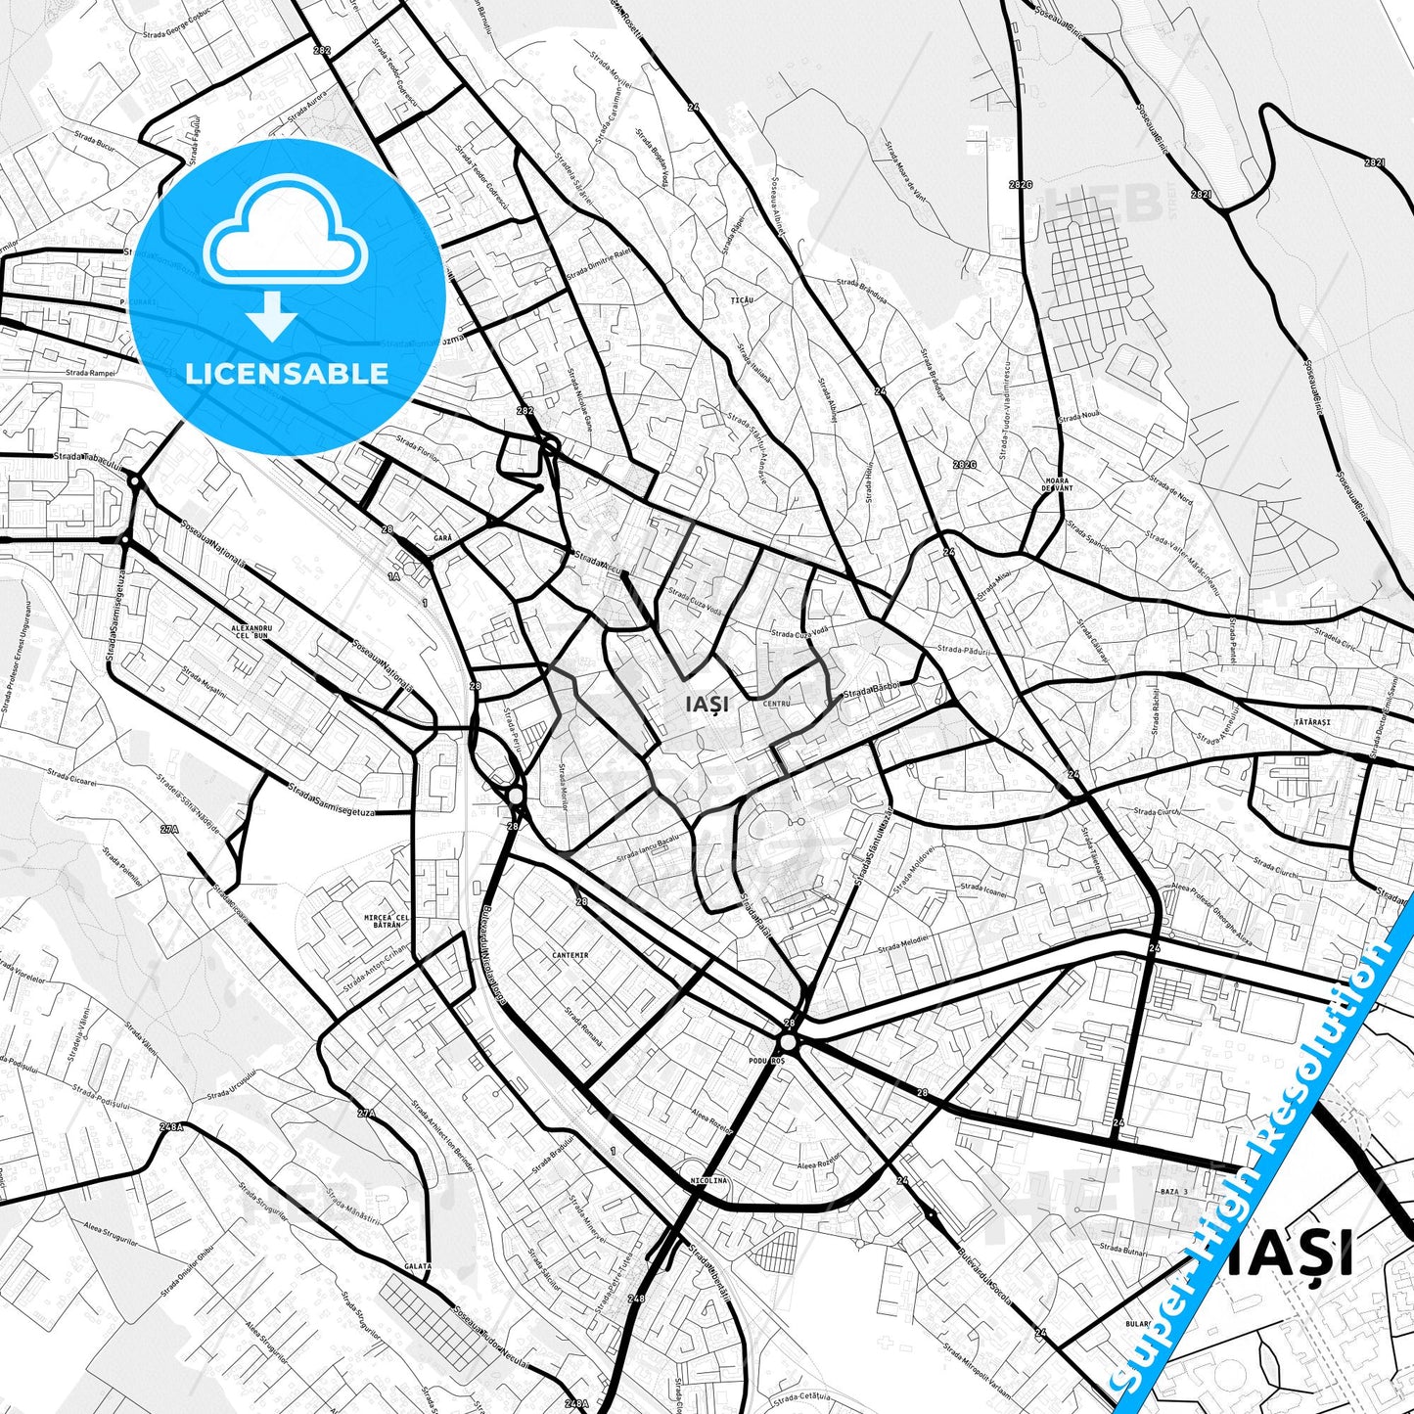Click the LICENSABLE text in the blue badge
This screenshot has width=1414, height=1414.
click(287, 373)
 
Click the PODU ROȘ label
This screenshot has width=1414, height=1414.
click(765, 1061)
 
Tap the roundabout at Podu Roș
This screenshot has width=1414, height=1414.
click(789, 1043)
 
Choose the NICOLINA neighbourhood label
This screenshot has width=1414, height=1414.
click(708, 1180)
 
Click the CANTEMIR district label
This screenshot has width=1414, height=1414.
click(570, 955)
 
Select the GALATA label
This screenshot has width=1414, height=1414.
click(418, 1266)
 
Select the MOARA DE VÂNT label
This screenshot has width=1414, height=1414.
click(1058, 483)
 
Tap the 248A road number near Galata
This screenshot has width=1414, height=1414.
click(171, 1127)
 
